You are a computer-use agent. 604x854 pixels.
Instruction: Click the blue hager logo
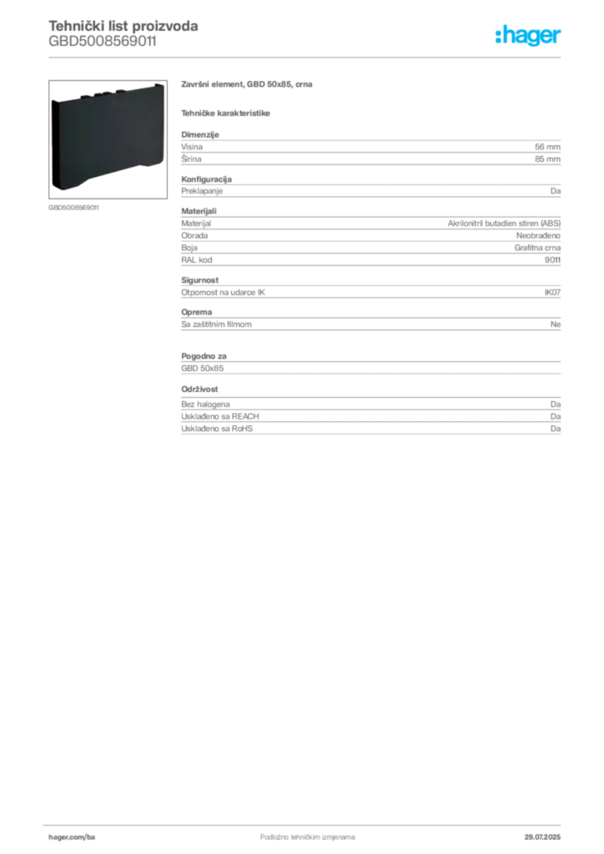coord(530,37)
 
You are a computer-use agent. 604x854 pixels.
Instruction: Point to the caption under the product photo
coord(73,207)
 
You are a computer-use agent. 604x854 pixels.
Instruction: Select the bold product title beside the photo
coord(247,86)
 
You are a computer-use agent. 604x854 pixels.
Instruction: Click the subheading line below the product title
coord(227,112)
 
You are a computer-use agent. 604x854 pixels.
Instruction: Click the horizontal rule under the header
coord(306,57)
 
